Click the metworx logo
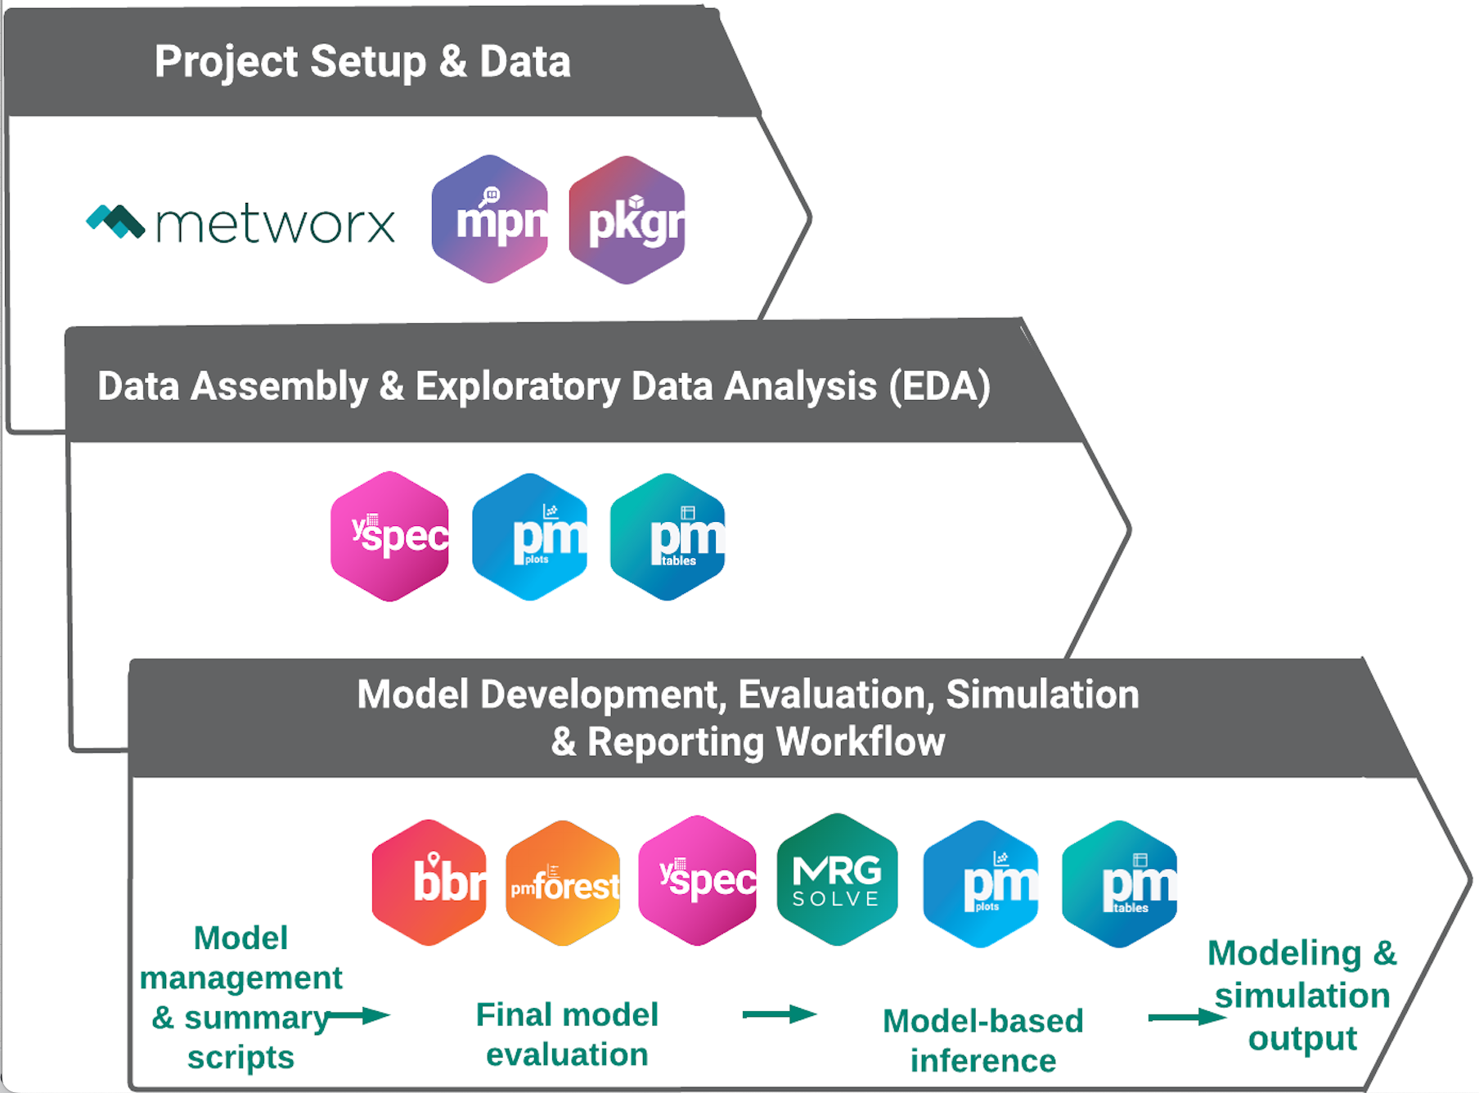[241, 223]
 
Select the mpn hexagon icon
[490, 219]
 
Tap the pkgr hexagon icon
[627, 219]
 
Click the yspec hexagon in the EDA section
[389, 536]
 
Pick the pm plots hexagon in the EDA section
[530, 537]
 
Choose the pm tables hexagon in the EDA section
[668, 537]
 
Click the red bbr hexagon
[429, 882]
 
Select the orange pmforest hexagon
[564, 883]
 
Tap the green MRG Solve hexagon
[837, 879]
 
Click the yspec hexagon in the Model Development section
[697, 880]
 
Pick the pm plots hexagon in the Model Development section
[981, 884]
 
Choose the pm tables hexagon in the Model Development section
[1119, 884]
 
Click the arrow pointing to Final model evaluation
[358, 1016]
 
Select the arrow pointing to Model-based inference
[780, 1014]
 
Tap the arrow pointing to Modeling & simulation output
[1187, 1017]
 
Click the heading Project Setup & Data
[362, 61]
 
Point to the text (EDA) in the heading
[940, 386]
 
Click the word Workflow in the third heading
[860, 741]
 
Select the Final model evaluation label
[567, 1034]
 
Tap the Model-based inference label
[983, 1041]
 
